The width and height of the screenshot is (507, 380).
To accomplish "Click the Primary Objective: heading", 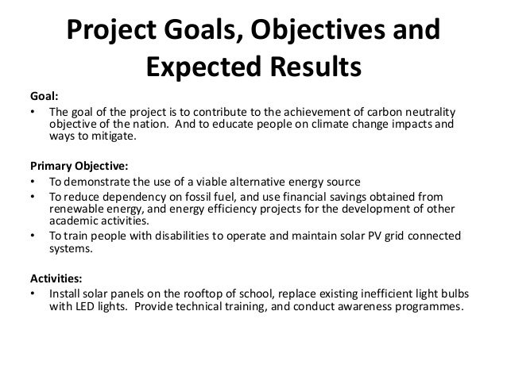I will tap(78, 167).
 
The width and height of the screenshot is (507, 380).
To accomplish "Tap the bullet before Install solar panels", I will tap(33, 294).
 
